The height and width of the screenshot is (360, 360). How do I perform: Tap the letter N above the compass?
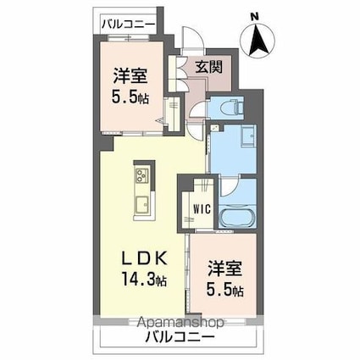255,17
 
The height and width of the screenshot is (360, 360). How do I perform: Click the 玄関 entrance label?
209,67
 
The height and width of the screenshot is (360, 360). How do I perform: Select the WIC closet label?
202,209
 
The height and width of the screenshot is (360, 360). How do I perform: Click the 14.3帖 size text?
144,280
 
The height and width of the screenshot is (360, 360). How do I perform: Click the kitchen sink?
143,205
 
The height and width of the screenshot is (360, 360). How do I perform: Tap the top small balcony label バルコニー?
129,24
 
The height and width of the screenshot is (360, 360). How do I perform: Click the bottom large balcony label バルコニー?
180,336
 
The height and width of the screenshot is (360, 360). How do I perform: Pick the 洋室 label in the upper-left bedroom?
130,76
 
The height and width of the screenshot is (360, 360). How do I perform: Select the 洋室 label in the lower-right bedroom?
225,269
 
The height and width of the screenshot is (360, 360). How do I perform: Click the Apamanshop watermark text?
181,322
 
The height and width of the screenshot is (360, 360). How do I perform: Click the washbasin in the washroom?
248,136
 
